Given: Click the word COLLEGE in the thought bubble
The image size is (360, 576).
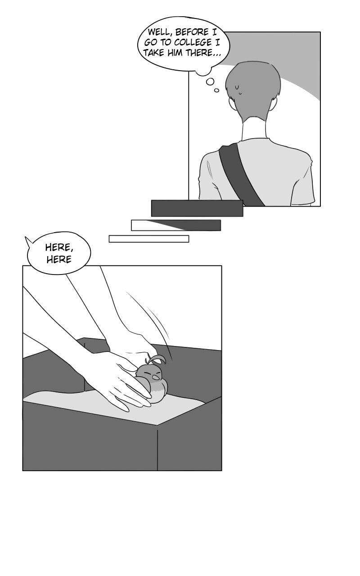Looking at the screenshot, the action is click(193, 42).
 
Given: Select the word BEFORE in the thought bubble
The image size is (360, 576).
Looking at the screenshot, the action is click(192, 32).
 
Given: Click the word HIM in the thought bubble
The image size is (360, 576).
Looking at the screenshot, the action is click(175, 53).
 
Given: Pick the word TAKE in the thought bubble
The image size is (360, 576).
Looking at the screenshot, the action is click(154, 53).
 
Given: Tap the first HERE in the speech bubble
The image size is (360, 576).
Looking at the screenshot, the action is click(59, 247).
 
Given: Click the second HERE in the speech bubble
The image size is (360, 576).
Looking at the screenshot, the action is click(59, 259).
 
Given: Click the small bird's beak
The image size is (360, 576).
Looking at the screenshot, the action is click(156, 377).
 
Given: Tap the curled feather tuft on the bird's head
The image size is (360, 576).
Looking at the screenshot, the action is click(156, 359).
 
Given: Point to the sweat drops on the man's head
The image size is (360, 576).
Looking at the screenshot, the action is click(239, 90).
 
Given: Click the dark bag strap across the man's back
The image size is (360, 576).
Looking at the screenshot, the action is click(240, 175).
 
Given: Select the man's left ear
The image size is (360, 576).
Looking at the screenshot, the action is click(231, 103).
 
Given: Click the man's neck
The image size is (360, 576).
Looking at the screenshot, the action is click(254, 129).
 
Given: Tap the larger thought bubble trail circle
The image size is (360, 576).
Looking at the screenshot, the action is click(210, 82).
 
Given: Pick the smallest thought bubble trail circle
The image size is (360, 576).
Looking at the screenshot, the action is click(217, 90).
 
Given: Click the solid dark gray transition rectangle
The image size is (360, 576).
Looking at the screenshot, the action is click(197, 208).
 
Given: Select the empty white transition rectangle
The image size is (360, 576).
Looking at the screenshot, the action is click(149, 238).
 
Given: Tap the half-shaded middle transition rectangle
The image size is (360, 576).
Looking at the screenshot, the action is click(176, 225).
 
